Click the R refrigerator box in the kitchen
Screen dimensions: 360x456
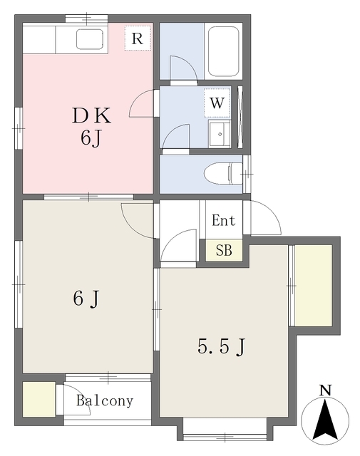point(138,38)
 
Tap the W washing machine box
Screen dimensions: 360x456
point(217,103)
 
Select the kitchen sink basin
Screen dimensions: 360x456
point(90,39)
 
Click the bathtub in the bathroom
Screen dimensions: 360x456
point(224,51)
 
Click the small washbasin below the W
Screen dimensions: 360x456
point(220,134)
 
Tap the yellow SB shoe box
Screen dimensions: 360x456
point(224,250)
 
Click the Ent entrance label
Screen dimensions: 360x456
point(223,220)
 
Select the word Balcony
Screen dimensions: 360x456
point(105,400)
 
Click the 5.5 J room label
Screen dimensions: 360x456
point(222,346)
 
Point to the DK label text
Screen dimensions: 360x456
point(91,115)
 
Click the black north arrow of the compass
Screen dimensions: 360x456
point(324,420)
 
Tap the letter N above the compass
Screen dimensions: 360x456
point(325,390)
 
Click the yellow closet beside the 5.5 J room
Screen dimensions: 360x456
point(314,286)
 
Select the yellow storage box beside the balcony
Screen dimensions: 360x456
point(39,399)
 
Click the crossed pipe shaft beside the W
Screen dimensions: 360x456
point(240,117)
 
